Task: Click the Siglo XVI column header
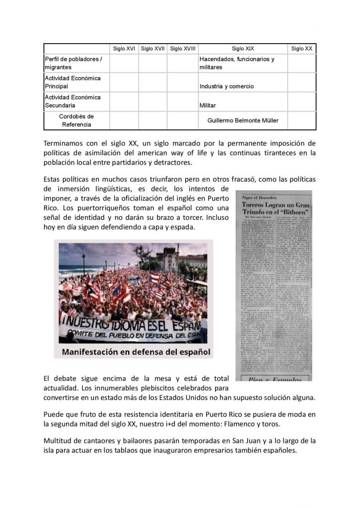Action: click(124, 49)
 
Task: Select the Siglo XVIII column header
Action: click(183, 49)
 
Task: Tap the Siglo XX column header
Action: click(301, 49)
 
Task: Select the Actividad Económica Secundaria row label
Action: click(72, 101)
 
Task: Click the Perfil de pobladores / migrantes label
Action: click(73, 63)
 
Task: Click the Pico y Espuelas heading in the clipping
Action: click(272, 379)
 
